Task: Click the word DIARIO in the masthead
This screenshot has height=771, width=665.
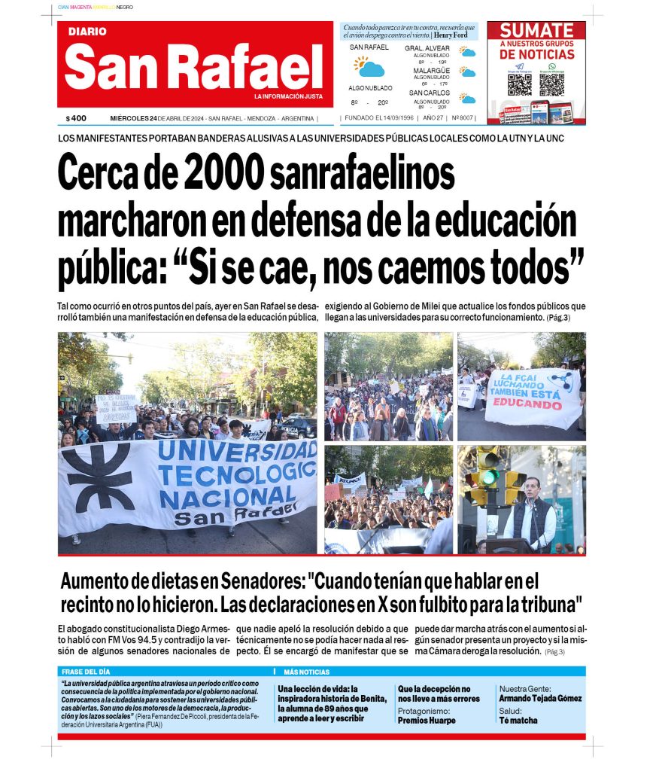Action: [x=87, y=32]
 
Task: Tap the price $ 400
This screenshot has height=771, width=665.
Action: [x=76, y=118]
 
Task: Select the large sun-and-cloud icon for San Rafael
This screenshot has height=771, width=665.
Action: [x=369, y=68]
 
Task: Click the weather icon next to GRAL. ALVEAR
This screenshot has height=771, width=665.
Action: [x=468, y=53]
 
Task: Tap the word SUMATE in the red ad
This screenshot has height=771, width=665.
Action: [x=536, y=31]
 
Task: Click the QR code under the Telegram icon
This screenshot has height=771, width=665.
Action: [x=520, y=84]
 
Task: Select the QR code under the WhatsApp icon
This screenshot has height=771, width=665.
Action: [x=551, y=84]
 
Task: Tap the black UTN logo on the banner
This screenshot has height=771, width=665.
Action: [x=97, y=477]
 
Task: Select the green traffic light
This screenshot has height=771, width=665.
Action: [x=490, y=477]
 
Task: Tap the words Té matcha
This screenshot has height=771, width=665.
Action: [x=518, y=720]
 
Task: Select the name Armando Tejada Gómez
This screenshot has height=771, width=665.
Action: [x=540, y=698]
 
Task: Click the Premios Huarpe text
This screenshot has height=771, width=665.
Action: [x=427, y=720]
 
